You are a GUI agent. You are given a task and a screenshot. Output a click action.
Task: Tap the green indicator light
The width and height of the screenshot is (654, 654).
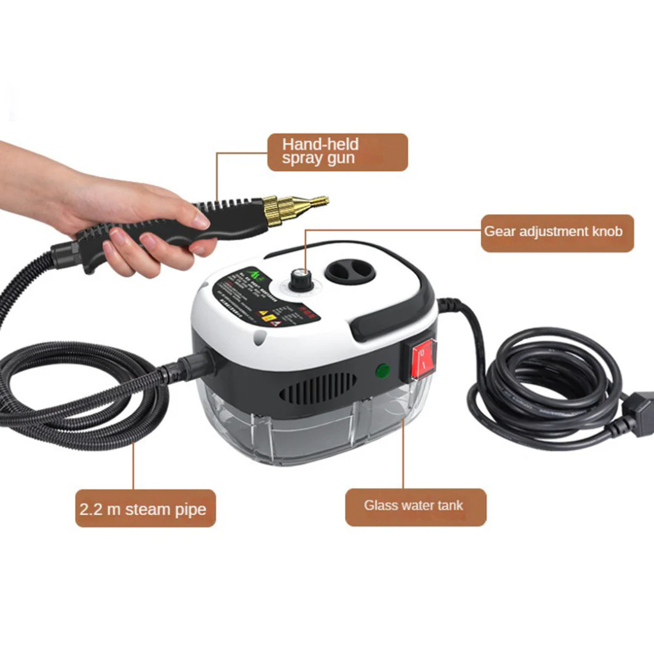click(383, 371)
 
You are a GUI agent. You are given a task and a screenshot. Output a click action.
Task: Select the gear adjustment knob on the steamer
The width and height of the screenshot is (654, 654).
click(299, 277)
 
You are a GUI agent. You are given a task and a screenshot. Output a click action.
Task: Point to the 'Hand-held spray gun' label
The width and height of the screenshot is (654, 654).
click(337, 152)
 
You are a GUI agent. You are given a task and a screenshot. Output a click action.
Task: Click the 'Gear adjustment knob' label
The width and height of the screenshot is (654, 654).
click(557, 232)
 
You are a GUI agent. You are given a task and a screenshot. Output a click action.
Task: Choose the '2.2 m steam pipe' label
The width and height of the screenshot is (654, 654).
click(145, 508)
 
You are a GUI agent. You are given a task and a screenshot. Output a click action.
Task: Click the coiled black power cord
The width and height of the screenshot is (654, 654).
click(545, 385)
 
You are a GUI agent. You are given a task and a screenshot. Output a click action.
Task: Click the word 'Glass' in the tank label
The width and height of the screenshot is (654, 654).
click(381, 505)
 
